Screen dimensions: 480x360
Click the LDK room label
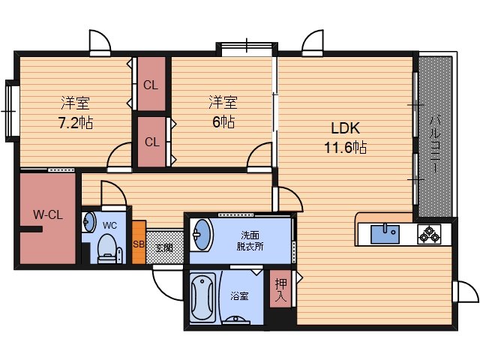click(345, 128)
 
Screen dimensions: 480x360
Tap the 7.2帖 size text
click(76, 123)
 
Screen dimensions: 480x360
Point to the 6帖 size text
click(223, 121)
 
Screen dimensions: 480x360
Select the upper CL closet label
click(151, 85)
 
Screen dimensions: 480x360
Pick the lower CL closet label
click(152, 142)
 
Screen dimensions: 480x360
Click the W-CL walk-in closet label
click(48, 214)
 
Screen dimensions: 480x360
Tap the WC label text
click(109, 226)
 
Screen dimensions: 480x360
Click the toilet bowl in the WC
click(106, 248)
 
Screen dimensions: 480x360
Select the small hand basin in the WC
click(88, 222)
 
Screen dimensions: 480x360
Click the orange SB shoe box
click(139, 242)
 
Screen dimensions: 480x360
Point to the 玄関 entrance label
click(164, 247)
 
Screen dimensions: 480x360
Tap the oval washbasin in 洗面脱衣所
click(201, 235)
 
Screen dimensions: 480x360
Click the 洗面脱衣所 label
click(250, 241)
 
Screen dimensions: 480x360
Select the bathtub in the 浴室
click(202, 298)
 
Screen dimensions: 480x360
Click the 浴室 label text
click(239, 296)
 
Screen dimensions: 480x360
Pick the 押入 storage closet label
click(280, 289)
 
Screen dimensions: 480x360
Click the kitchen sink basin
click(385, 234)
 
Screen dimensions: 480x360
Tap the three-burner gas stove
click(429, 234)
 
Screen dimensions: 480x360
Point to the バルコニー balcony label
click(435, 144)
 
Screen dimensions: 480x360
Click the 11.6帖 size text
click(345, 148)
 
